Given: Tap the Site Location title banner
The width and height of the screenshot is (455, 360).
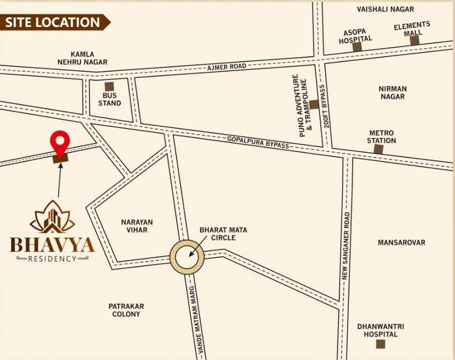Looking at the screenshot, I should click(x=54, y=22).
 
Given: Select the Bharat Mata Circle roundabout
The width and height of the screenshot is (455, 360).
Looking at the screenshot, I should click(x=187, y=256).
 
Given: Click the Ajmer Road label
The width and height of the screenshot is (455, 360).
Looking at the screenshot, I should click(x=227, y=67).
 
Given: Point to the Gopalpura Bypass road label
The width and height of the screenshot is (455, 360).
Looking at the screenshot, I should click(x=258, y=142).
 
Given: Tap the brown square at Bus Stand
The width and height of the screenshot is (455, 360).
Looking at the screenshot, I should click(x=109, y=86).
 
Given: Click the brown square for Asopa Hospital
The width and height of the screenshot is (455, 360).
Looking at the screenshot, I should click(x=357, y=47).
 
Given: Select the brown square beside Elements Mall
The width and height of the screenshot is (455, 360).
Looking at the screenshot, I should click(x=414, y=41).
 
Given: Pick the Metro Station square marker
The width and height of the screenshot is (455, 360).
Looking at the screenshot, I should click(x=378, y=149).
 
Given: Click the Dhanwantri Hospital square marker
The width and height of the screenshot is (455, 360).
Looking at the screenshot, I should click(x=381, y=344).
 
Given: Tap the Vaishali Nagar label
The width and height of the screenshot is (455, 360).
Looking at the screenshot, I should click(x=385, y=9).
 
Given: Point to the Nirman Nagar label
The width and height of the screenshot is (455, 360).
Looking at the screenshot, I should click(x=393, y=92).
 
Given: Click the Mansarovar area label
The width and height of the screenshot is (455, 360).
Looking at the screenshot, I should click(x=401, y=242).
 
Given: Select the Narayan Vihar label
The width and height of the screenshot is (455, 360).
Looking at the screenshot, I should click(x=137, y=226).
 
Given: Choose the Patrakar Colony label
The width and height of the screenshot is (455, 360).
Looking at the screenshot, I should click(x=126, y=310).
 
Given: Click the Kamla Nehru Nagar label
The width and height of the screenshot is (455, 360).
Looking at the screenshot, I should click(x=82, y=58).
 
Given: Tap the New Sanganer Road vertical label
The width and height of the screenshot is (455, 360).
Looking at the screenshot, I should click(x=346, y=246).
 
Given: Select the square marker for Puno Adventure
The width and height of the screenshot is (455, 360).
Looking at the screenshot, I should click(x=314, y=105).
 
